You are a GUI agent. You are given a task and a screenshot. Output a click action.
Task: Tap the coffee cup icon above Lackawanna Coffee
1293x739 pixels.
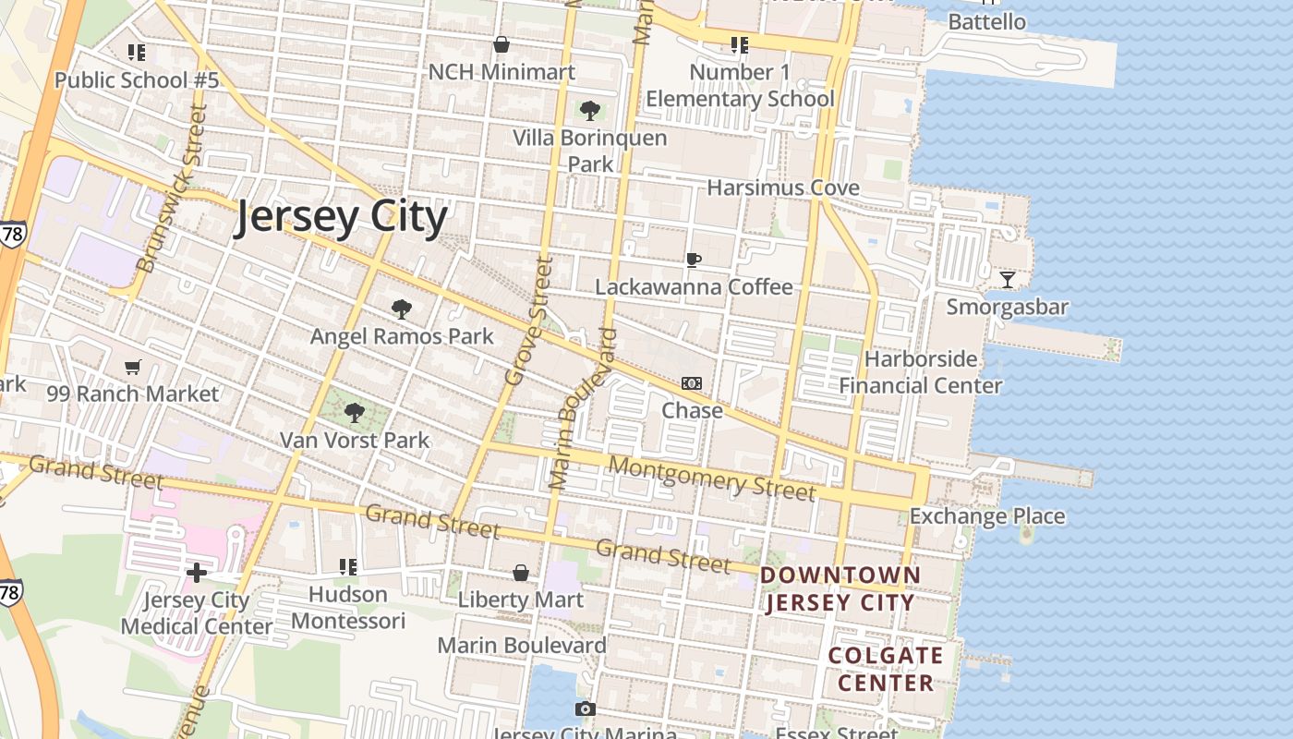[694, 260]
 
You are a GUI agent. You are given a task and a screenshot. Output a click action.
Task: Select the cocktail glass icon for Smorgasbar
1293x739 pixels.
[1008, 279]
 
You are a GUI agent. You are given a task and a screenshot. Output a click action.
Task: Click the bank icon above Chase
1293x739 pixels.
[692, 383]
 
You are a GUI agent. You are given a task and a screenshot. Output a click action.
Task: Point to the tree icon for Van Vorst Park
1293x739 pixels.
[354, 412]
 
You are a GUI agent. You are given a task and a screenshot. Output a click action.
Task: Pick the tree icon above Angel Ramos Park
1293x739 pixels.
[401, 309]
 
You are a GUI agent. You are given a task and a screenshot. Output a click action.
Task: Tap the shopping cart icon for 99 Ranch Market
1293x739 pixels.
[133, 368]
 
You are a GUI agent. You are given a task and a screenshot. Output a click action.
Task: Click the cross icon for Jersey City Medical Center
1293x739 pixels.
[197, 573]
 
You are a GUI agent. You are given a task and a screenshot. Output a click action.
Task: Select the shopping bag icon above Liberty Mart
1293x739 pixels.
[521, 573]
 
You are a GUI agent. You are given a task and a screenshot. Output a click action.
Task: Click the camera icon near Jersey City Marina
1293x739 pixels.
[585, 709]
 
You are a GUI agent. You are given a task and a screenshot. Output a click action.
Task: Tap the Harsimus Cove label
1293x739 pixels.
[783, 188]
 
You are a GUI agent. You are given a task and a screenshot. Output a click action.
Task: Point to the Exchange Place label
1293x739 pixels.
[987, 516]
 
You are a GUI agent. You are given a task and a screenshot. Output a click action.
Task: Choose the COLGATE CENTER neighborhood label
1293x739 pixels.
[885, 670]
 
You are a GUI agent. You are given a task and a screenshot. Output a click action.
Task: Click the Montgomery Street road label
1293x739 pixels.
[712, 479]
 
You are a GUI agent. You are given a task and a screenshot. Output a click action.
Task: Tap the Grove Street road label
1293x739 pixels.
[529, 321]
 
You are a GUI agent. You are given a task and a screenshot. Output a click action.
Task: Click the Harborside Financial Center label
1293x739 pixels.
[920, 372]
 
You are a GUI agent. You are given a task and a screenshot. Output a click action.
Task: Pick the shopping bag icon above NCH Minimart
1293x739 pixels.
[501, 44]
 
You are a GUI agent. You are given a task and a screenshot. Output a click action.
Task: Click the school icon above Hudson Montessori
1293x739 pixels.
[348, 566]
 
